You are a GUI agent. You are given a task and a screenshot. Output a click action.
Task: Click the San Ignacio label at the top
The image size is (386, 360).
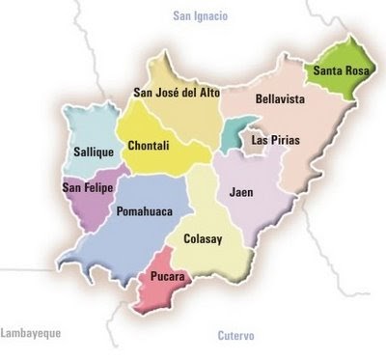[199, 16]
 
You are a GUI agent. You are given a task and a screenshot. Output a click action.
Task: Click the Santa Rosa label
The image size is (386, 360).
[338, 69]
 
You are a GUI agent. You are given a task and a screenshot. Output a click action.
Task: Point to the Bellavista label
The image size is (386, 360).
[281, 98]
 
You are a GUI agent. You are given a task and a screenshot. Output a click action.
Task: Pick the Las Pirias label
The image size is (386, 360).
[275, 140]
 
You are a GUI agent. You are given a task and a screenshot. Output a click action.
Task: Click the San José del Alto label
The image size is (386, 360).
[177, 93]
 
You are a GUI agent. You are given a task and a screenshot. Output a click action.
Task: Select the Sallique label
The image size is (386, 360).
[95, 152]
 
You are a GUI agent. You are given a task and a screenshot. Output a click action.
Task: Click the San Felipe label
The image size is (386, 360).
[87, 187]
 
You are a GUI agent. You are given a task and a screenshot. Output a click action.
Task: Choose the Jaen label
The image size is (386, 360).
[242, 193]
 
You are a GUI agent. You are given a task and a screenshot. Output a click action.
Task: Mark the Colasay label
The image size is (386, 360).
[205, 237]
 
